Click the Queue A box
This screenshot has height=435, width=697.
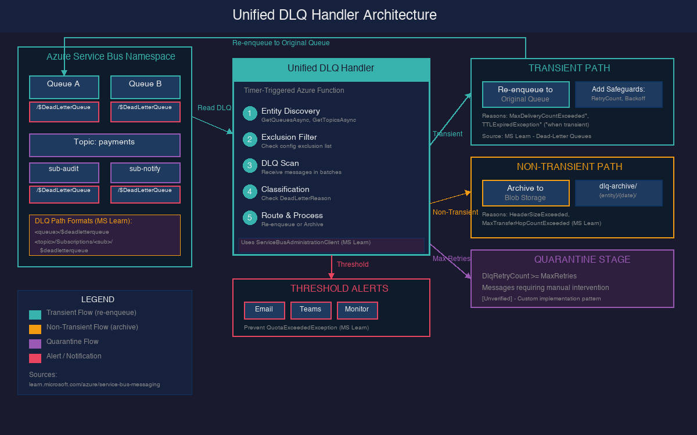tap(64, 87)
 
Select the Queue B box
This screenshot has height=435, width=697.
tap(145, 87)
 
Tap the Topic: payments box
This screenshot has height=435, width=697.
tap(105, 145)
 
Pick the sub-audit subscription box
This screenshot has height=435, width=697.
tap(64, 172)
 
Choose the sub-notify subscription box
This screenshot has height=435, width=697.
tap(145, 172)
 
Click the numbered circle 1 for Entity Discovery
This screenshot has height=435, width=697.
tap(250, 113)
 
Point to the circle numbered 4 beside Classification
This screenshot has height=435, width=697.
tap(250, 191)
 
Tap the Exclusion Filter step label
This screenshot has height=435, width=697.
tap(289, 137)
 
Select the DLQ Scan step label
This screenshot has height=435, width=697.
tap(280, 163)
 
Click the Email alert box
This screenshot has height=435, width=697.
tap(264, 310)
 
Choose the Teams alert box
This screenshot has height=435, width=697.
tap(311, 310)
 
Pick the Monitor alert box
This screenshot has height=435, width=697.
tap(357, 310)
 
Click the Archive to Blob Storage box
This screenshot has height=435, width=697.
tap(526, 193)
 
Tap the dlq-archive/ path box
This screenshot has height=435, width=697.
tap(619, 193)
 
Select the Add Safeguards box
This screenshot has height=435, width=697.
tap(619, 94)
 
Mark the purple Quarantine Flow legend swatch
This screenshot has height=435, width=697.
tap(35, 343)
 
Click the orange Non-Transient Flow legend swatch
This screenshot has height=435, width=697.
tap(35, 329)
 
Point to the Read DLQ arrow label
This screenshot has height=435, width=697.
tap(214, 108)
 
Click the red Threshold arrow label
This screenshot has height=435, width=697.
tap(353, 264)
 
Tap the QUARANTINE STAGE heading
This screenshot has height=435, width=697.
tap(582, 259)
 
